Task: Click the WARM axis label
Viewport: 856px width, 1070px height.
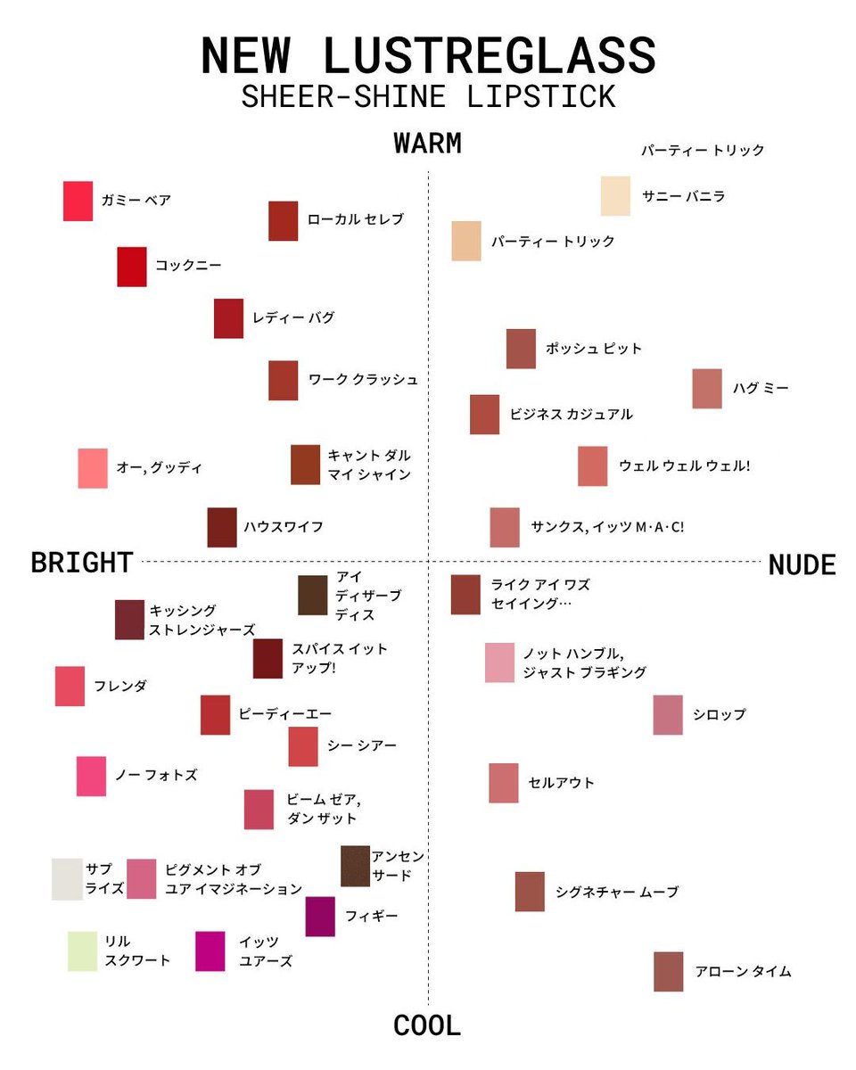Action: pos(427,144)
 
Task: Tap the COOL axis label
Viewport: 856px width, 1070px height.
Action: pos(427,1025)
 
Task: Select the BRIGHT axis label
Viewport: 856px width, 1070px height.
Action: pos(82,563)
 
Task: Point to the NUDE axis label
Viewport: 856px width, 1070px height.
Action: pos(802,564)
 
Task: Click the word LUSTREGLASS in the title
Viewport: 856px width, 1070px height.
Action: pos(490,55)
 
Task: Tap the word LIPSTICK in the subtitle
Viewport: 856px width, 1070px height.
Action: pos(540,96)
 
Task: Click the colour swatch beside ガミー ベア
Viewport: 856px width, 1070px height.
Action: pos(78,201)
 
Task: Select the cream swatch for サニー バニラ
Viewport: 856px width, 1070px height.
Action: pos(615,196)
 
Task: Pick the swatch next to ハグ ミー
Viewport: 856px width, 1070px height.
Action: pos(707,389)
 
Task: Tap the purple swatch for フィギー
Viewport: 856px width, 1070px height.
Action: pos(320,917)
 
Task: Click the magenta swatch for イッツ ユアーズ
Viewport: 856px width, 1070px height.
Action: pos(210,951)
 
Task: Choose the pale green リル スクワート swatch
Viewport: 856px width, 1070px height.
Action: pos(82,951)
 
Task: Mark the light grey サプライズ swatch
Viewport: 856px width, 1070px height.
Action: pos(67,879)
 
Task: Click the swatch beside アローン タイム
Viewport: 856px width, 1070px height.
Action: pos(668,972)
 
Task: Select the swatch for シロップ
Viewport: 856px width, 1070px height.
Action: pos(668,715)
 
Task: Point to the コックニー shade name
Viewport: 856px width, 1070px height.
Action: pos(188,265)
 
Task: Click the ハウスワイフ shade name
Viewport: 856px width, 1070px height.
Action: pos(284,527)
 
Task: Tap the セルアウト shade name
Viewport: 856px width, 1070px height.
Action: pos(561,783)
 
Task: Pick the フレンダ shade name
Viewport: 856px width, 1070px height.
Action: pos(120,687)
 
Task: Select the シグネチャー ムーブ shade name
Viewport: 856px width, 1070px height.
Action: pos(617,892)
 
